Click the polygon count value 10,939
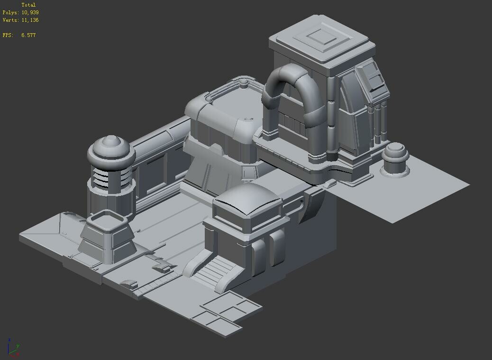click(x=30, y=12)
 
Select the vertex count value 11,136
click(x=30, y=20)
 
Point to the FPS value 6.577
click(x=28, y=35)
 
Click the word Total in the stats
click(x=28, y=5)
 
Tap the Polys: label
click(x=10, y=12)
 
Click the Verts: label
click(x=10, y=20)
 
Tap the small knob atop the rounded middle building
click(x=244, y=83)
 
